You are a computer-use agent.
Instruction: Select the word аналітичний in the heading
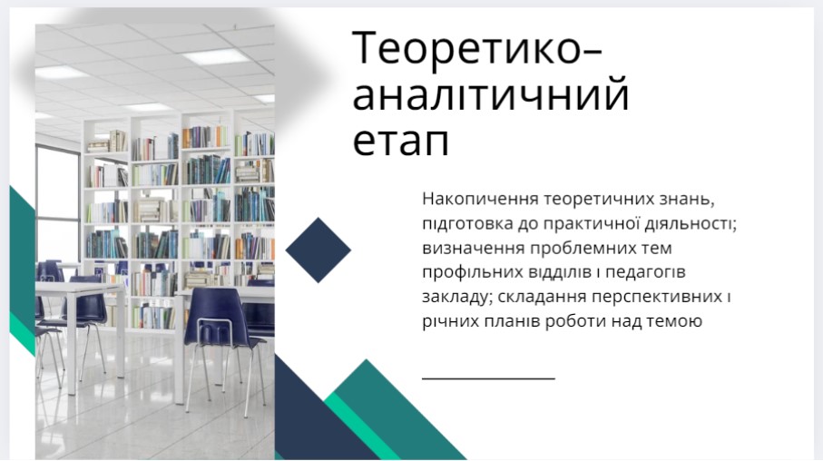[x=491, y=94]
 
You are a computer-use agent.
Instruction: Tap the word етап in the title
[x=401, y=142]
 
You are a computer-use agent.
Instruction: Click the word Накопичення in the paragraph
[x=480, y=199]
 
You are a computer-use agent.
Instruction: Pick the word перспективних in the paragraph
[x=657, y=298]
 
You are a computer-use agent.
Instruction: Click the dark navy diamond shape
[x=318, y=250]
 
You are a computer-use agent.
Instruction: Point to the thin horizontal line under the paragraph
[x=488, y=378]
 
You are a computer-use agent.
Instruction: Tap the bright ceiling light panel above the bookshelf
[x=216, y=56]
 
